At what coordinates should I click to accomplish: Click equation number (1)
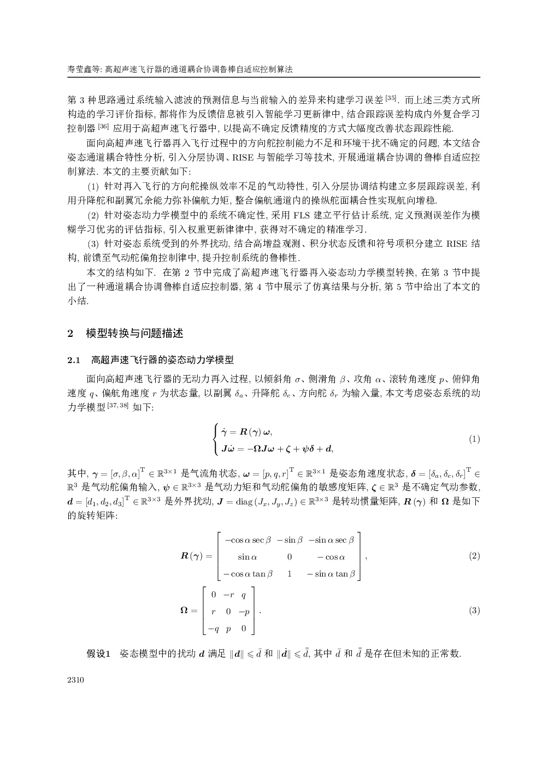pos(474,439)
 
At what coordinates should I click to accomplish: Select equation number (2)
pos(474,556)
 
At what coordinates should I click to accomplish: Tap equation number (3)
pos(474,610)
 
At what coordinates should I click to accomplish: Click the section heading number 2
pos(70,333)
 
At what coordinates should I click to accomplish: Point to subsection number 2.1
pos(74,360)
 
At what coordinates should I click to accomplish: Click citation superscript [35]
pos(391,98)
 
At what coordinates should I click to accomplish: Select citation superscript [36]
pos(103,127)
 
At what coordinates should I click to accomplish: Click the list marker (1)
pos(93,187)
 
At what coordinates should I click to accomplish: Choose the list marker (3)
pos(93,244)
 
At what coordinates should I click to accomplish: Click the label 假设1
pos(99,654)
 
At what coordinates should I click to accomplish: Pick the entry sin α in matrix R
pos(248,557)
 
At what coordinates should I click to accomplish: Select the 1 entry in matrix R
pos(290,574)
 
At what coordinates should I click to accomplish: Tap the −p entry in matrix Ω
pos(244,611)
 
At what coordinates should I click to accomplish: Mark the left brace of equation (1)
pos(216,440)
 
